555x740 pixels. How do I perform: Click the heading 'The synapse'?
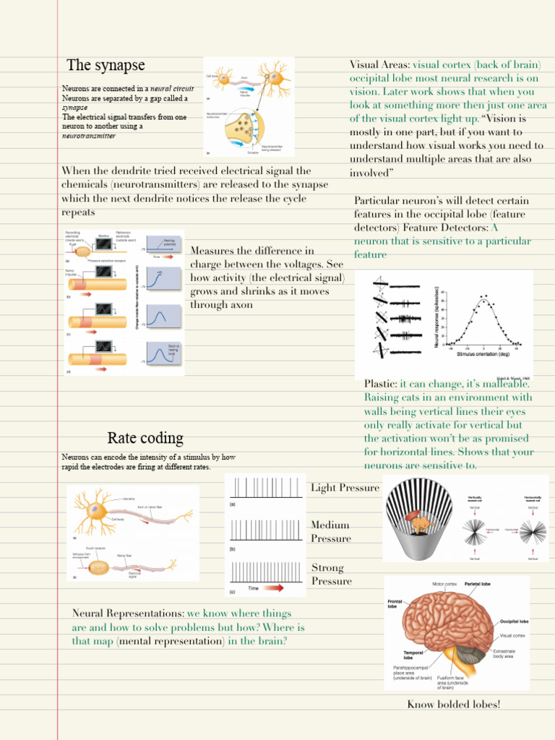coord(106,66)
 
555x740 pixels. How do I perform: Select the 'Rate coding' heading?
coord(145,438)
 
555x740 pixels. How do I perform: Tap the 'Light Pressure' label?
coord(345,488)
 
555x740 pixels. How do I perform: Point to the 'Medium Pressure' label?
coord(331,532)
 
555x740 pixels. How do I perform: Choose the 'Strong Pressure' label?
coord(332,575)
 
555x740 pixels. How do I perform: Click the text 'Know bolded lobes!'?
coord(453,705)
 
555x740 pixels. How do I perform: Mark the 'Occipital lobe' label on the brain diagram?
coord(514,621)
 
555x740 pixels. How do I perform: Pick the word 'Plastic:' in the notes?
coord(380,384)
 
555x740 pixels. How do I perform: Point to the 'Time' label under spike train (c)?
coord(253,588)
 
